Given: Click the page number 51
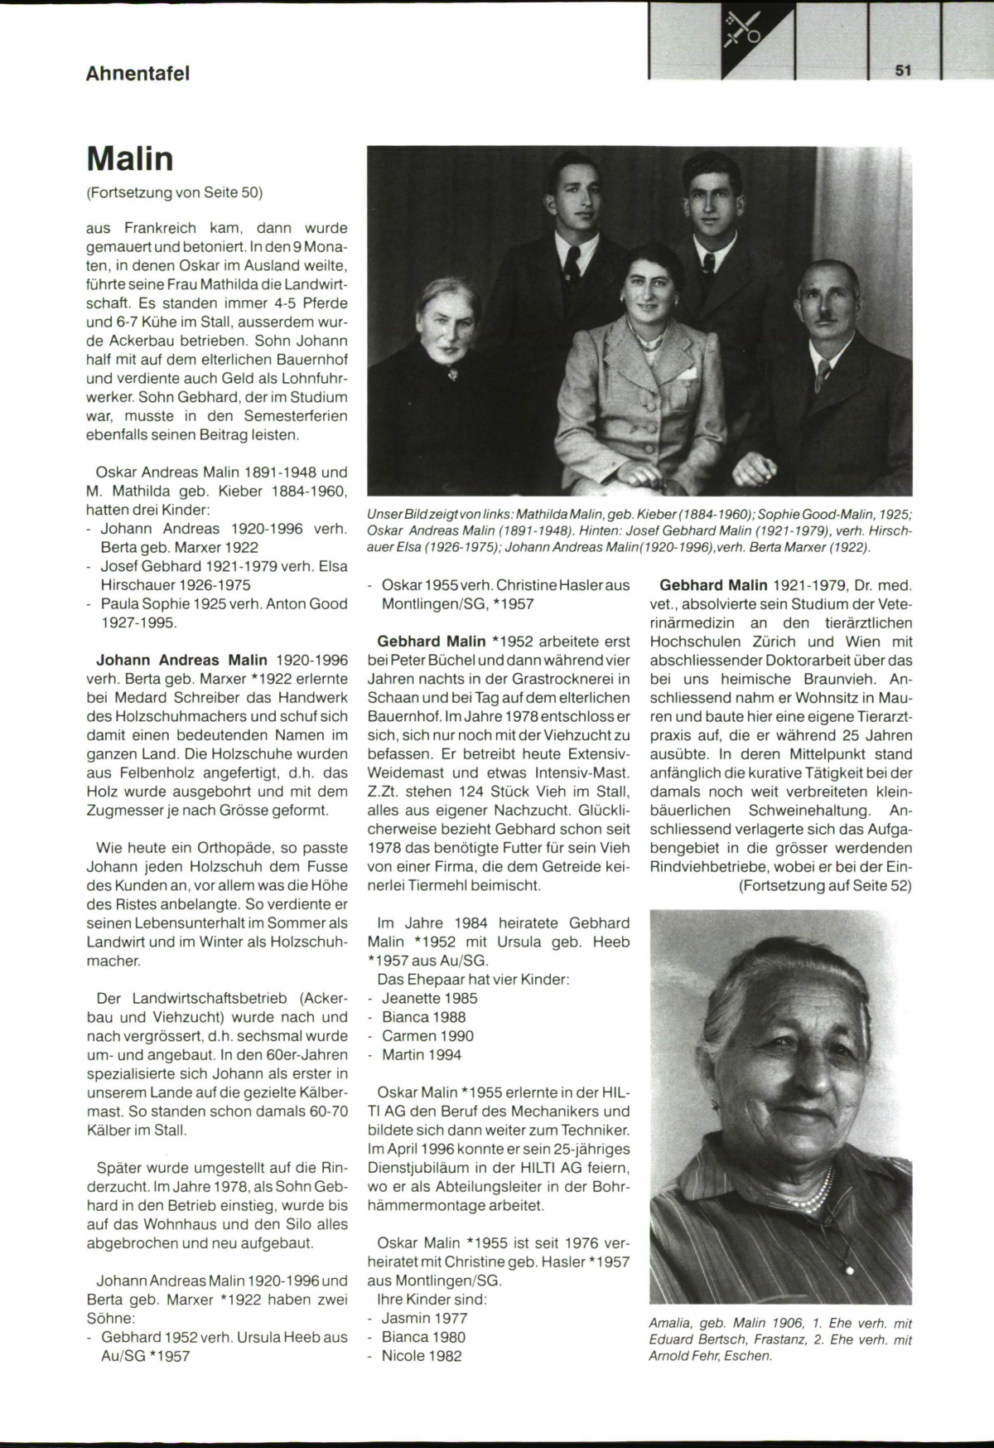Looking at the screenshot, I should point(903,70).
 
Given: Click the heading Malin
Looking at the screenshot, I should point(129,159).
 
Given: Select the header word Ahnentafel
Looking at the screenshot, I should point(138,73).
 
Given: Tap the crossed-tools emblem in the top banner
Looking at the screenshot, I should point(745,30).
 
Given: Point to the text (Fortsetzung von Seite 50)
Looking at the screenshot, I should point(174,193).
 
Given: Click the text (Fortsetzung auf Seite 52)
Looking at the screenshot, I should point(825,885).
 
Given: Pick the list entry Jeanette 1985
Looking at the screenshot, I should point(429,998).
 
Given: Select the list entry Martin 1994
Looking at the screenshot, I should point(422,1054).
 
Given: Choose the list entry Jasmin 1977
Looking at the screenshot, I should point(424,1318).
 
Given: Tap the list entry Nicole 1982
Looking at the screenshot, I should point(422,1356).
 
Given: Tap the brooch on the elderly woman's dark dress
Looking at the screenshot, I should point(451,375).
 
